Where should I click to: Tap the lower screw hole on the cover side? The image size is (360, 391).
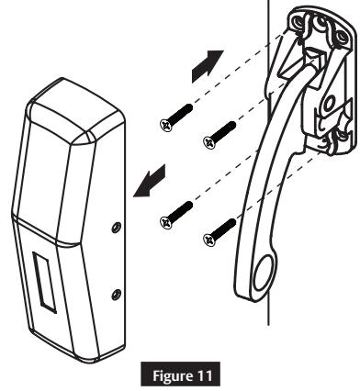(x=115, y=294)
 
